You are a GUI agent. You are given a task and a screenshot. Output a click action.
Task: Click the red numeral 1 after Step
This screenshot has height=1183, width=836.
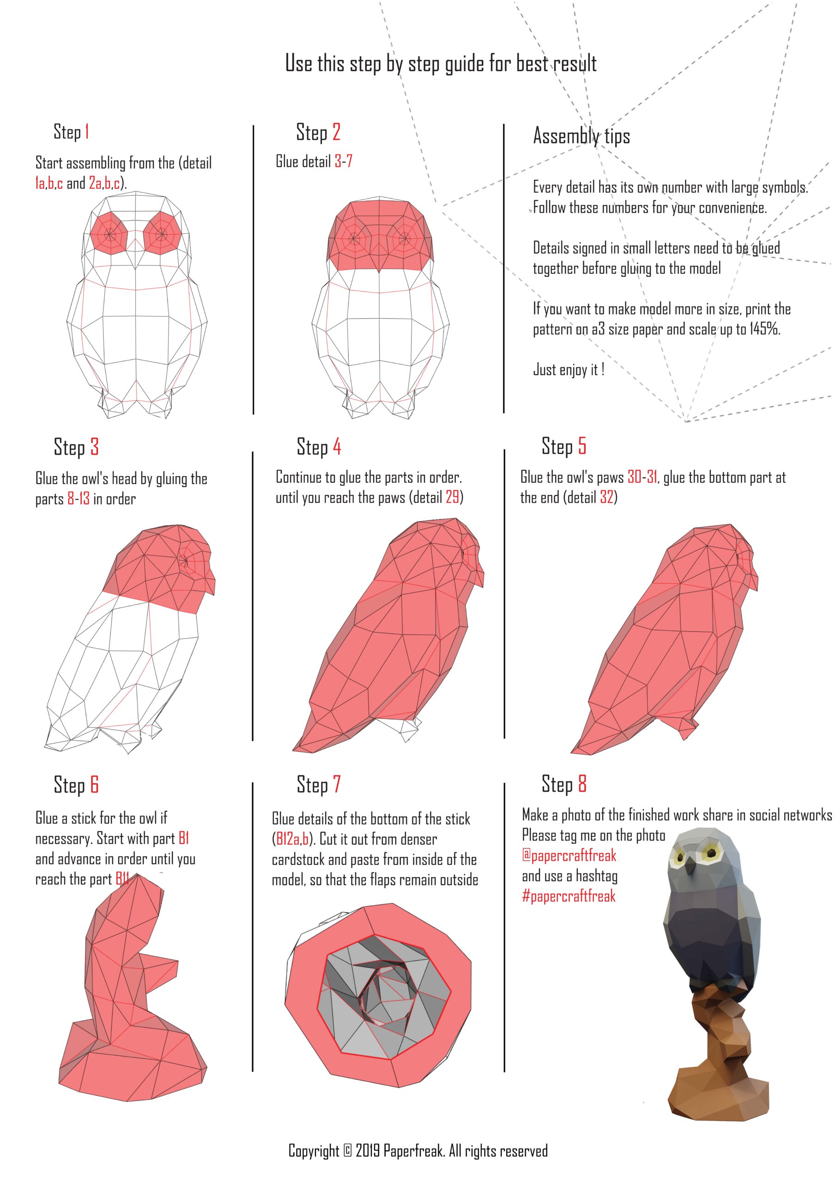pos(87,131)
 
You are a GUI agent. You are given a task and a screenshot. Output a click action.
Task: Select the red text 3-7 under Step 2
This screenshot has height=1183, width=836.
pos(343,161)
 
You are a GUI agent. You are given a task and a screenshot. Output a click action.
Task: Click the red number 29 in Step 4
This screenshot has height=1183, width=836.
pos(452,497)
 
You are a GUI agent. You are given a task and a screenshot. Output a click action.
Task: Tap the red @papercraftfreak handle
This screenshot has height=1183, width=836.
pos(569,856)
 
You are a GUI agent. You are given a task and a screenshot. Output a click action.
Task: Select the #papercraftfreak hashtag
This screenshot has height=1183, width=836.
pos(569,896)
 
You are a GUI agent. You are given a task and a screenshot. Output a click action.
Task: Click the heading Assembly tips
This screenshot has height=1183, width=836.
pos(582,136)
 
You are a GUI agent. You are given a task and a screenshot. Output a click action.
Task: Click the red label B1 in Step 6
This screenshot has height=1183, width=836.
pos(184,838)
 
